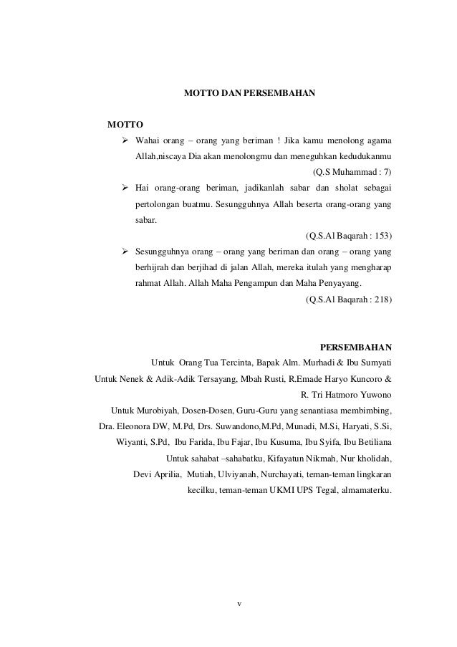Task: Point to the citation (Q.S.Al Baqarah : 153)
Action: point(348,236)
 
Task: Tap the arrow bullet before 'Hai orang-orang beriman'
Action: point(125,188)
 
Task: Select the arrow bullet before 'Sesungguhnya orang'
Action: point(125,251)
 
